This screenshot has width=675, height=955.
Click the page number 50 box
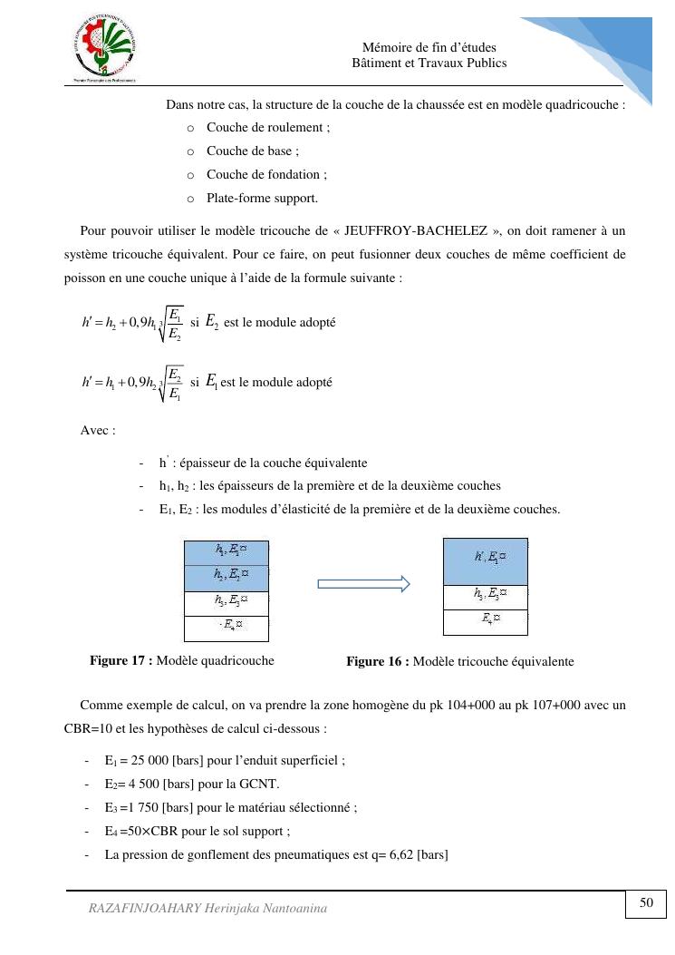click(646, 903)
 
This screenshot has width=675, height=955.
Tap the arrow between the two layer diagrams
click(363, 585)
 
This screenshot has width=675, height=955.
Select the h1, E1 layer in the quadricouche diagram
click(226, 551)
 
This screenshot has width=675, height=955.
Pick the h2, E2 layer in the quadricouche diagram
click(226, 576)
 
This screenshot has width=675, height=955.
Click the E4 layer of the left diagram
click(226, 626)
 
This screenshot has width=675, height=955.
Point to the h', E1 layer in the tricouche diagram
click(485, 560)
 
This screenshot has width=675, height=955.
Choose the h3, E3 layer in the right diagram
click(485, 597)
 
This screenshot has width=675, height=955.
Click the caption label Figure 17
click(121, 660)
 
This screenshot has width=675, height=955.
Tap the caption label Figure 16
click(377, 662)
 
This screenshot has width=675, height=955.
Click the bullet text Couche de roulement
click(267, 128)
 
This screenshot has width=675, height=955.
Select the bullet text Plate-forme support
click(262, 198)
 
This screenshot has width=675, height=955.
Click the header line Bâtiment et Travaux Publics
click(429, 63)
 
